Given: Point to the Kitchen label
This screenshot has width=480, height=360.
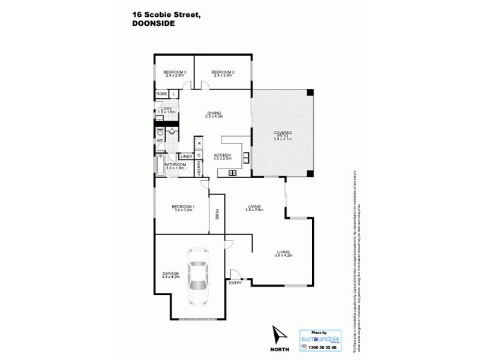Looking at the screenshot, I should point(223,157).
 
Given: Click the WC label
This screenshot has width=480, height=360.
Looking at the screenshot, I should point(160,141).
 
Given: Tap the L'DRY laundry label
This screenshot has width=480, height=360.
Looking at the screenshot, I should point(166,110).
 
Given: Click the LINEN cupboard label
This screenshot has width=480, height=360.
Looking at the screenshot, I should point(186,157).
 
